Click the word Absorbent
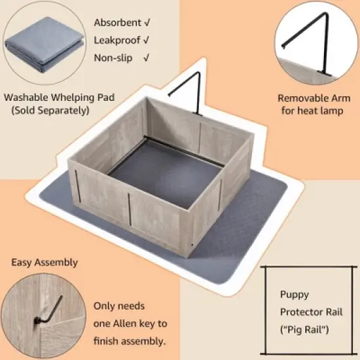click(117, 23)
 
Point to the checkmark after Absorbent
click(146, 23)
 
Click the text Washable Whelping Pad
click(60, 98)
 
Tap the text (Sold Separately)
click(50, 111)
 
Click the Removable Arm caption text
click(314, 98)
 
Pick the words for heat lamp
click(314, 111)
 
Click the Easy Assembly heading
click(45, 262)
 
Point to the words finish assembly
click(129, 340)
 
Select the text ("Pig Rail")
click(306, 326)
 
